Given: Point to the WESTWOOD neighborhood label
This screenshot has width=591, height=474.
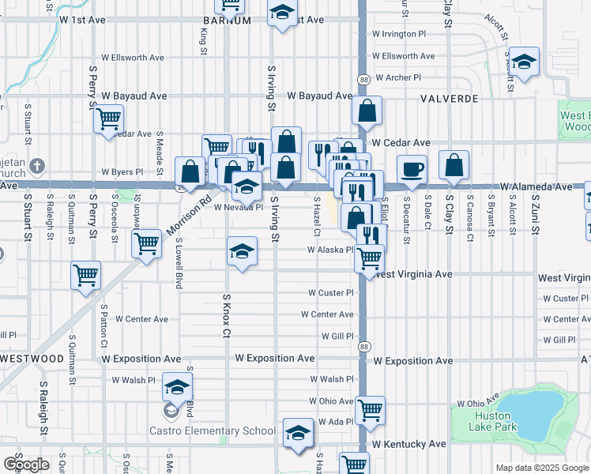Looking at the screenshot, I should click(32, 358).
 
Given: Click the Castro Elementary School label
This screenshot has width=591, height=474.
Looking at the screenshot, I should click(213, 431).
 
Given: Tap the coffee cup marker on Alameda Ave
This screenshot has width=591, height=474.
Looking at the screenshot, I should click(410, 168).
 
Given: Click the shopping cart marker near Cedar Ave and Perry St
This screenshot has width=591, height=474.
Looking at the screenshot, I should click(108, 119).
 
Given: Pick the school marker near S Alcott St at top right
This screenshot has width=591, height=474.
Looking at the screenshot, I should click(523, 62).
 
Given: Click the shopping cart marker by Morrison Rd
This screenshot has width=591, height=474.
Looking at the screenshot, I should click(146, 244).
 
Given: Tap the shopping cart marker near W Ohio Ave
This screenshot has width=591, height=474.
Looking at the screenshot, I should click(370, 409).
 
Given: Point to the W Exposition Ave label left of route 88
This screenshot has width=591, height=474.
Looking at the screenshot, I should click(273, 359).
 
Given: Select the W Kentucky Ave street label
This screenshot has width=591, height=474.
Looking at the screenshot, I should click(410, 445).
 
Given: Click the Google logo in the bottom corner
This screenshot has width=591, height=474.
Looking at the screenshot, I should click(26, 465).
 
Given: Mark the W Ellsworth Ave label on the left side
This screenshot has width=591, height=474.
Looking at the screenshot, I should click(132, 57).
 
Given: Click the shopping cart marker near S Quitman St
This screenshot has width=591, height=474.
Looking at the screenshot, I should click(85, 276).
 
